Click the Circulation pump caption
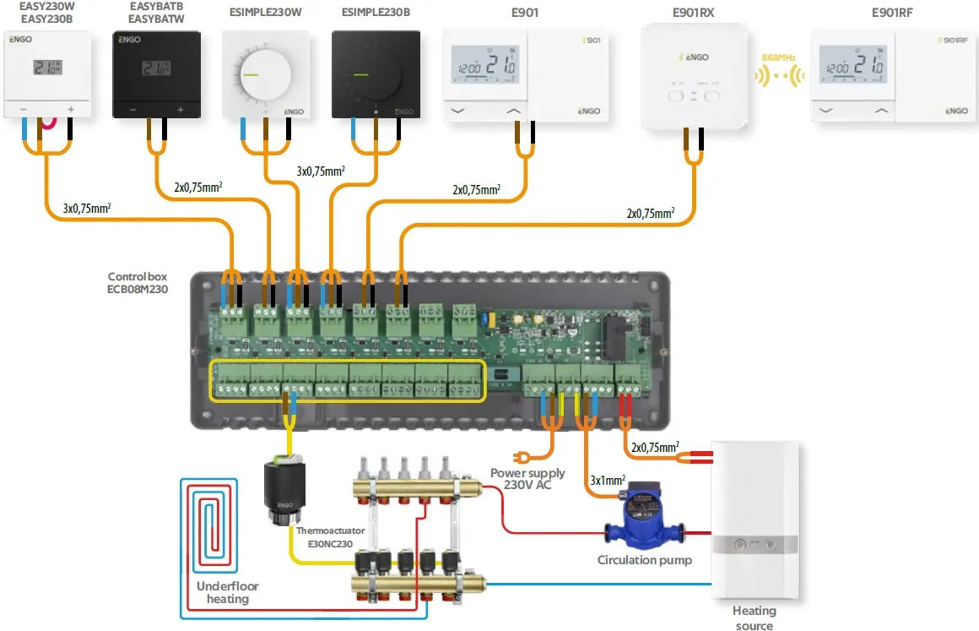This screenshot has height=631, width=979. (x=644, y=560)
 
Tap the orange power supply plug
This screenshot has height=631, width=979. (x=526, y=457)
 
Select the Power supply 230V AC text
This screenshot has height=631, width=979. (x=527, y=480)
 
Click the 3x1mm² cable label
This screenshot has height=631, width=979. (x=607, y=481)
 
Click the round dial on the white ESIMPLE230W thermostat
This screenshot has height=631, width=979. (x=264, y=75)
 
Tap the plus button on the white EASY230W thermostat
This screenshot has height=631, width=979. (x=70, y=109)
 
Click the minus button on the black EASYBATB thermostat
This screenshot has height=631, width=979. (x=133, y=110)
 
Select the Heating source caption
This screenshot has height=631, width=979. (x=754, y=617)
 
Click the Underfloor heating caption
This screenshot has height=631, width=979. (x=228, y=592)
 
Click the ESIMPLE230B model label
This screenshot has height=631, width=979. (x=376, y=13)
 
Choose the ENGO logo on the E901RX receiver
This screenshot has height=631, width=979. (x=695, y=57)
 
